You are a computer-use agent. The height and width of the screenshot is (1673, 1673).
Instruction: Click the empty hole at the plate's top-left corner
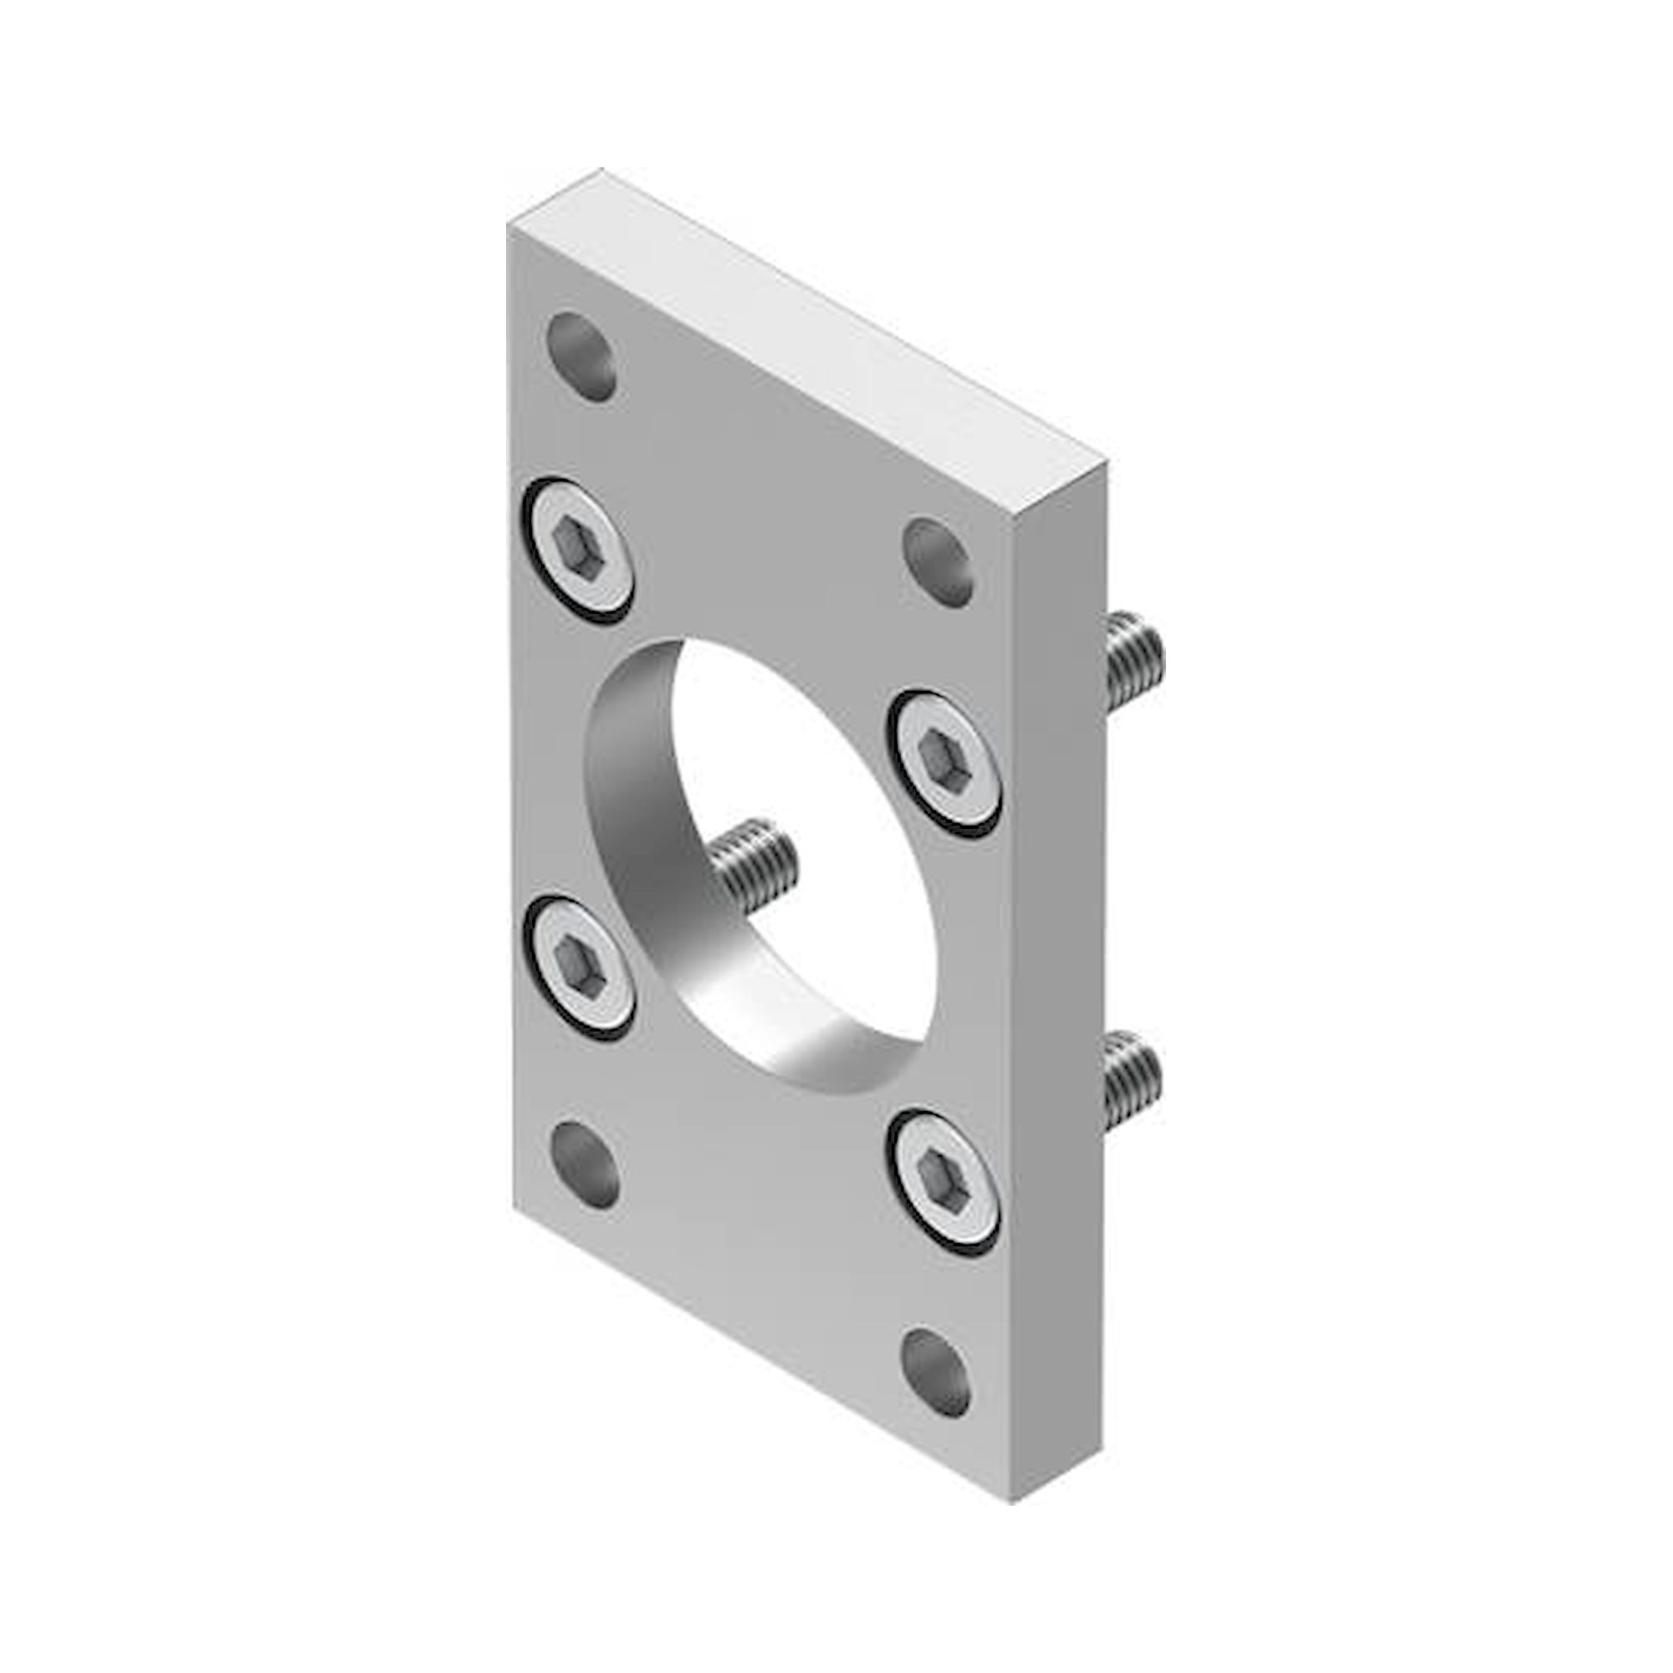(x=582, y=357)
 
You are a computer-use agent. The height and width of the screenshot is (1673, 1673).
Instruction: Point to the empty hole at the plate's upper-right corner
(x=938, y=562)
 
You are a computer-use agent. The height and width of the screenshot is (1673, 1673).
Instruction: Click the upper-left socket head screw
(x=577, y=550)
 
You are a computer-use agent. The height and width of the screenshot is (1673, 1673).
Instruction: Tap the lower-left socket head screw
(x=577, y=969)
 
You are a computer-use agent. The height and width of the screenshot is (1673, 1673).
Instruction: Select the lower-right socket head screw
(x=943, y=1180)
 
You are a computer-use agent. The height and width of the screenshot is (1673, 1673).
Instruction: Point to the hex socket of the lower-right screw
(x=940, y=1178)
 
